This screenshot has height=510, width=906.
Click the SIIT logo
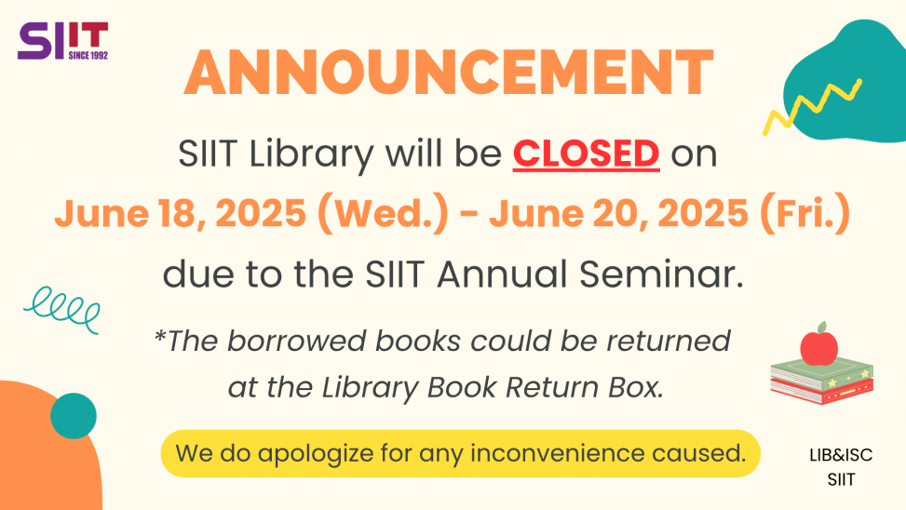coord(63,40)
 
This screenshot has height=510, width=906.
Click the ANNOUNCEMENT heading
coord(449,73)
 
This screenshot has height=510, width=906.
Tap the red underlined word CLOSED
coord(586,154)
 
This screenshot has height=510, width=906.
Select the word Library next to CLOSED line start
coord(311,154)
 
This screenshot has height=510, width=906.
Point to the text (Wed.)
coord(383,213)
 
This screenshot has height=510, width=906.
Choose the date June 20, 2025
coord(618,213)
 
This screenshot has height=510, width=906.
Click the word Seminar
coord(661,274)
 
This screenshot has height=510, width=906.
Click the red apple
coord(818,345)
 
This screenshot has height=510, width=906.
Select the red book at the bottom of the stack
coord(822,392)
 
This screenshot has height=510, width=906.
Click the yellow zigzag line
coord(812,106)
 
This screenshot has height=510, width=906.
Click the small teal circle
coord(74,416)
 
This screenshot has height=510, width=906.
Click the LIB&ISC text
coord(841,456)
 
